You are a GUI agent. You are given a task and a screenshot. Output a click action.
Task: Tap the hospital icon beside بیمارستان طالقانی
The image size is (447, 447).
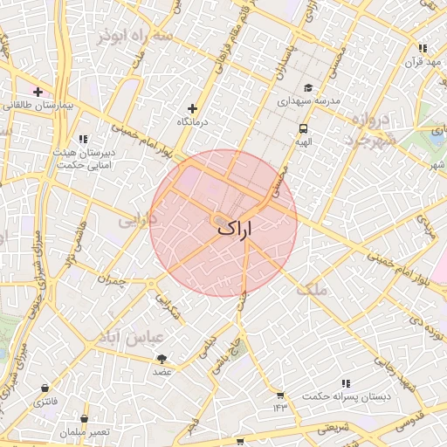[38, 92]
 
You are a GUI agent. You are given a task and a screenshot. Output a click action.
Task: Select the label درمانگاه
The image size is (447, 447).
[195, 122]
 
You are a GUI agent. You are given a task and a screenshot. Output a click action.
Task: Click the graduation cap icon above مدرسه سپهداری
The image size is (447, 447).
[307, 88]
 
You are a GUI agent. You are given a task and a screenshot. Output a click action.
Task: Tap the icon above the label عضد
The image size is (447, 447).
[162, 359]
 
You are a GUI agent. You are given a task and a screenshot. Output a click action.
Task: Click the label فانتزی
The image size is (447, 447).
[44, 402]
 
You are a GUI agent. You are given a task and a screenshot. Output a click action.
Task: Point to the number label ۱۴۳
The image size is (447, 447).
[279, 408]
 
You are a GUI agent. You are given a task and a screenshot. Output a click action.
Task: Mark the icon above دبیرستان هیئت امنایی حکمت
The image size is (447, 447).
[83, 139]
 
